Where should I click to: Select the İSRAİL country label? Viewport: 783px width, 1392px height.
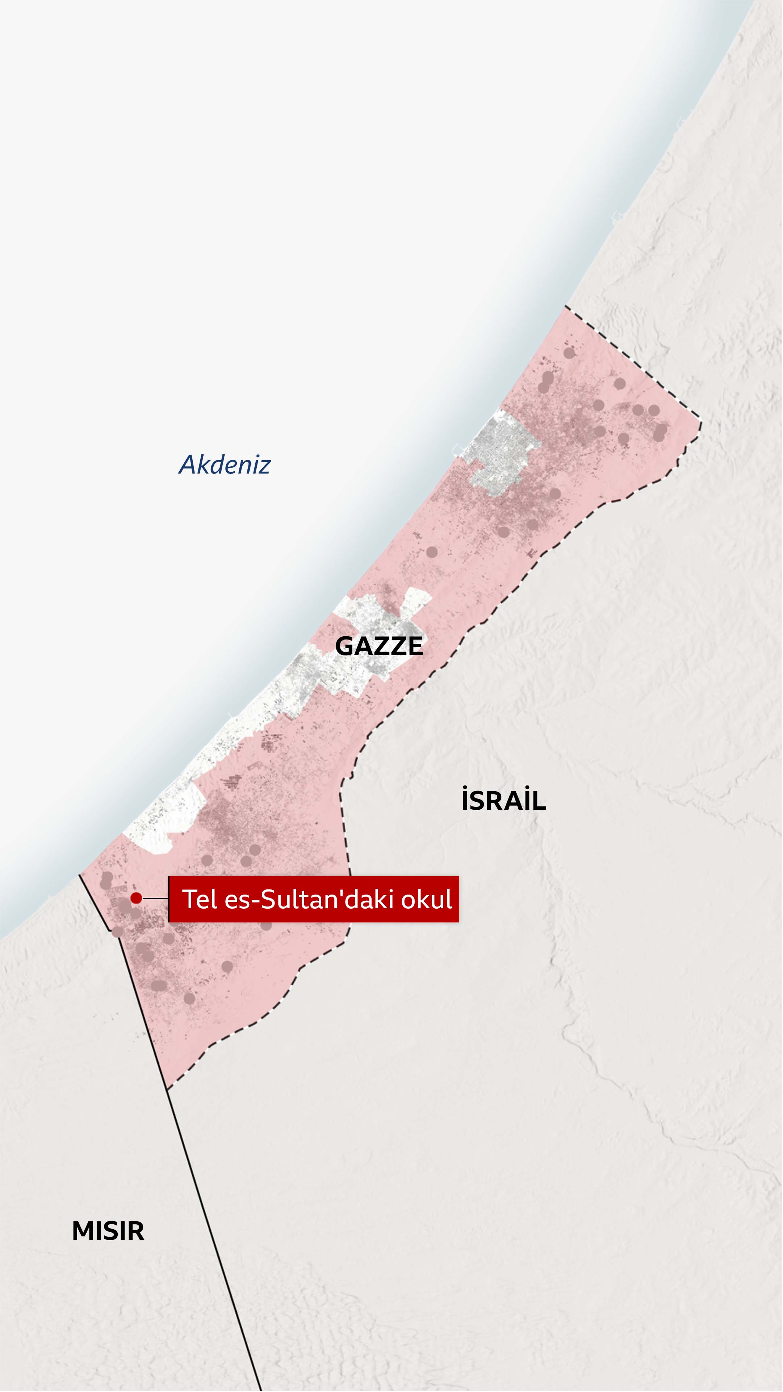coord(503,800)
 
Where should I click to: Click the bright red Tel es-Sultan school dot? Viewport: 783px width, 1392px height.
coord(136,898)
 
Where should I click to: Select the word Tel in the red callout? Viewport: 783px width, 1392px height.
coord(199,899)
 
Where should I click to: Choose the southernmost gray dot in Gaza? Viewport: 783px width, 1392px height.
coord(189,998)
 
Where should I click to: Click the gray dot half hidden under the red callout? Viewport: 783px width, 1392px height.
coord(266,925)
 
